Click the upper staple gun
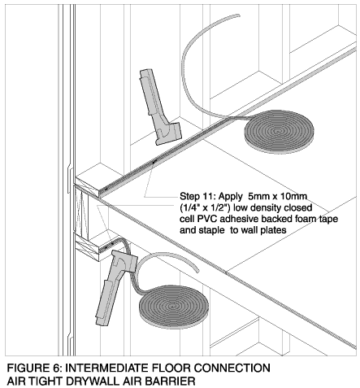(x=158, y=108)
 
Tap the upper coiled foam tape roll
(x=279, y=132)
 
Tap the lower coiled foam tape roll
(x=173, y=307)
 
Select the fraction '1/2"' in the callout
(x=221, y=207)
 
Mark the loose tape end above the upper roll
(x=238, y=15)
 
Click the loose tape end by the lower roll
(x=197, y=269)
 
